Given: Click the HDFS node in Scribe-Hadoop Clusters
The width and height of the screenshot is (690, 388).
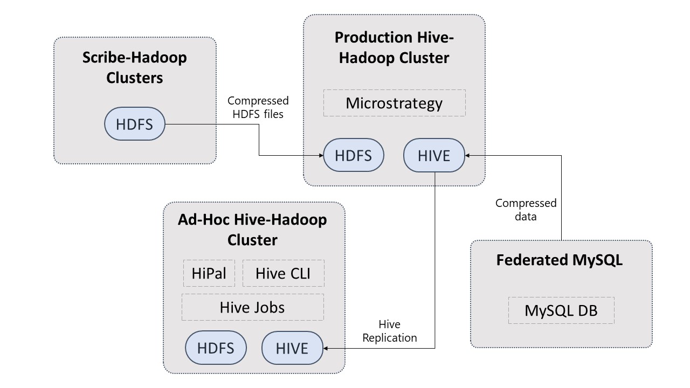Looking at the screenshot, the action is (x=135, y=124).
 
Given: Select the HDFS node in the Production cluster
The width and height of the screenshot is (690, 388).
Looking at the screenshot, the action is (x=354, y=155).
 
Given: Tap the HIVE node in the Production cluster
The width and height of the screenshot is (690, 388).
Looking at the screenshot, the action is (x=434, y=155).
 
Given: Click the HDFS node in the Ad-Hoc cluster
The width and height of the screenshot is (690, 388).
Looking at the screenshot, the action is (x=216, y=348).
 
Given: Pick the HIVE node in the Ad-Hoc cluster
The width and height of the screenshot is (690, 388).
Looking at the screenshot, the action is (x=292, y=348).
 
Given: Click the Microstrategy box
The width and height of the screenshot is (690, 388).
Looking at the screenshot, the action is (x=394, y=103).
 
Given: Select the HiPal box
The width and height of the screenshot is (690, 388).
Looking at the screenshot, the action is (x=209, y=273).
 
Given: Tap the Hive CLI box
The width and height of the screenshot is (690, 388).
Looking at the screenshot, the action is (x=284, y=273).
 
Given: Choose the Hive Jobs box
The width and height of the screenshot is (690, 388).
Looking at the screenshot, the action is (x=253, y=307).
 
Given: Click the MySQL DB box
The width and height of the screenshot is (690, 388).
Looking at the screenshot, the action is (x=561, y=310).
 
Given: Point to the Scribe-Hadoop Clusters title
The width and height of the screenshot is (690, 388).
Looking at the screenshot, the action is (x=135, y=67).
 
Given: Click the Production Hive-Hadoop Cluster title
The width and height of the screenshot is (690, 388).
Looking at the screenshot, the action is (x=394, y=47).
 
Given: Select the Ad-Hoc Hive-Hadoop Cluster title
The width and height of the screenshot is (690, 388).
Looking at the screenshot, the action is (x=253, y=230).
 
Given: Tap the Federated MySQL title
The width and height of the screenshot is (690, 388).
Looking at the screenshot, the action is (x=560, y=260).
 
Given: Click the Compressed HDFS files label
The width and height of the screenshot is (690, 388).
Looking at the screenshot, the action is (x=258, y=107).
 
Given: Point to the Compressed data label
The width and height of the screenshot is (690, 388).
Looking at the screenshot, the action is (x=526, y=210).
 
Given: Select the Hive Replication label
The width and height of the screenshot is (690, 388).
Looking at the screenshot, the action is (x=390, y=331).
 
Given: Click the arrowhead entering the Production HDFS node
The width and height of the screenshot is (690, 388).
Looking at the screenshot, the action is (x=321, y=156).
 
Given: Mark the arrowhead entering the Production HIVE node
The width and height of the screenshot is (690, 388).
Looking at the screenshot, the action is (x=467, y=156).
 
